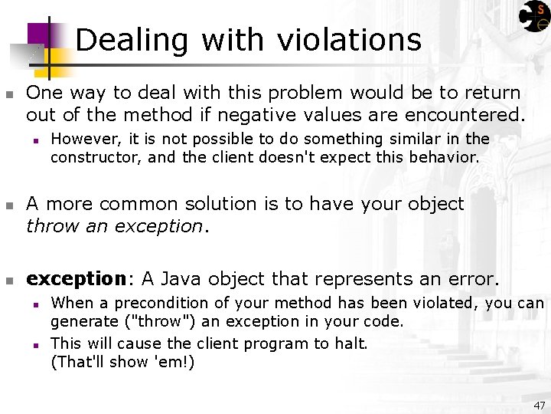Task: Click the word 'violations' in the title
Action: coord(352,40)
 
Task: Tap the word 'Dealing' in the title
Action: coord(132,40)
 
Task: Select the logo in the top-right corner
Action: coord(533,16)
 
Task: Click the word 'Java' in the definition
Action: coord(182,278)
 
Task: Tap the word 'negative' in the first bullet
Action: coord(252,115)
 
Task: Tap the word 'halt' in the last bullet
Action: coord(350,343)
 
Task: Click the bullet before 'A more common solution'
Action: coord(9,205)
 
